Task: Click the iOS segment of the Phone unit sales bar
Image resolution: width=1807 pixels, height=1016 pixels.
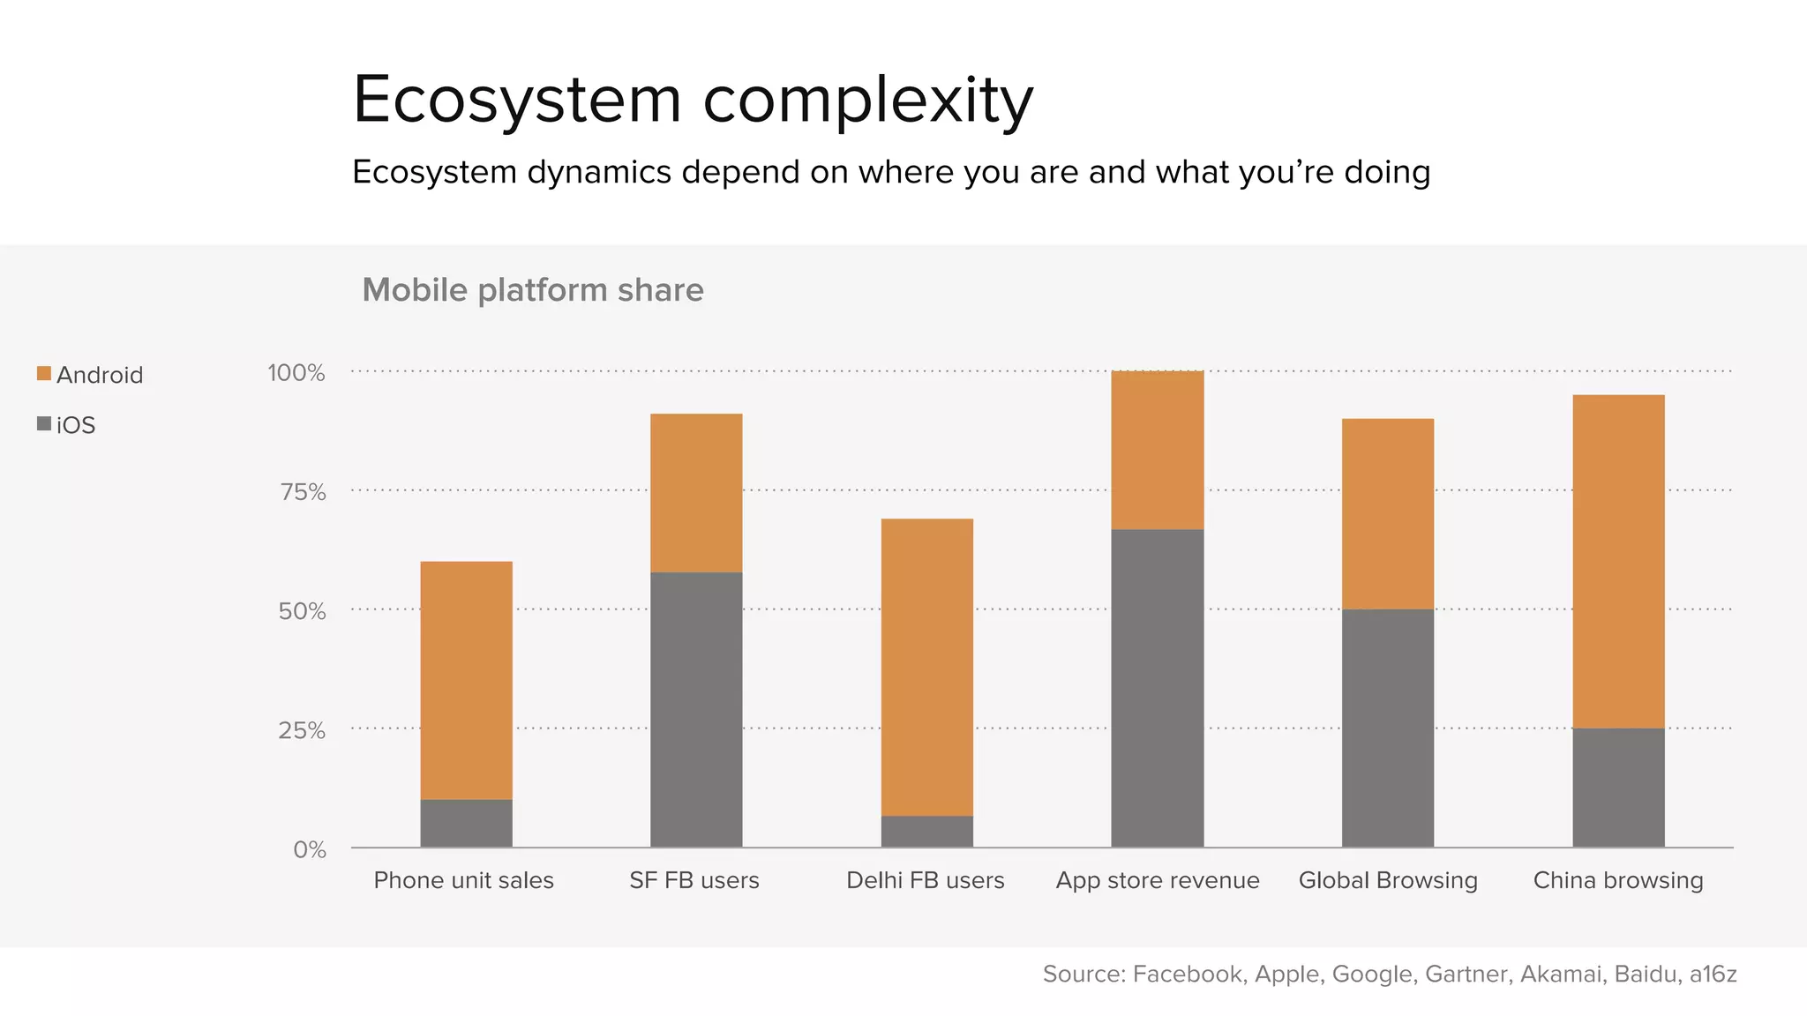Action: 466,823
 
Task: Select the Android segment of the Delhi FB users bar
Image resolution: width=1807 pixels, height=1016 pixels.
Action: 926,667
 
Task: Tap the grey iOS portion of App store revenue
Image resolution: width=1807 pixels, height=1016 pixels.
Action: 1157,688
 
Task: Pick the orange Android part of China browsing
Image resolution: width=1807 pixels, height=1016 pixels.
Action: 1618,561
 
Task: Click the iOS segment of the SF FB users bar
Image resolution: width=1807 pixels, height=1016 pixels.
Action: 696,709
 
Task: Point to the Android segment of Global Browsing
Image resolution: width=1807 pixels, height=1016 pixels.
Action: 1387,513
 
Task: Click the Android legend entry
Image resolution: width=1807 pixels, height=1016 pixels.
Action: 90,375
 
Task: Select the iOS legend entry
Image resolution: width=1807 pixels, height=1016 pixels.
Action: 67,425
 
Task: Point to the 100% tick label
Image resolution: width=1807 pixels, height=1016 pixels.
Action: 296,373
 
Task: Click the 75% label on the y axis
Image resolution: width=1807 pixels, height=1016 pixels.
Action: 303,492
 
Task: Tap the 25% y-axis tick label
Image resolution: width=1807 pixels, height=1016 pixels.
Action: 302,730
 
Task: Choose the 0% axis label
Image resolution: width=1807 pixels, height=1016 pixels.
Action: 310,849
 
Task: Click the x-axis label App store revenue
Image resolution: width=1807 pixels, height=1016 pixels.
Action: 1158,880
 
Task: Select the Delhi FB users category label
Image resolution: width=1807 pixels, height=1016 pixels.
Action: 925,880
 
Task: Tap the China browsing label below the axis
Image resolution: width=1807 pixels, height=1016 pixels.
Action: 1618,880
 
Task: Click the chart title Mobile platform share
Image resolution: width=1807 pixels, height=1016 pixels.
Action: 533,290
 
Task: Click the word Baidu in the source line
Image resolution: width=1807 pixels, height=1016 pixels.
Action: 1646,974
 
